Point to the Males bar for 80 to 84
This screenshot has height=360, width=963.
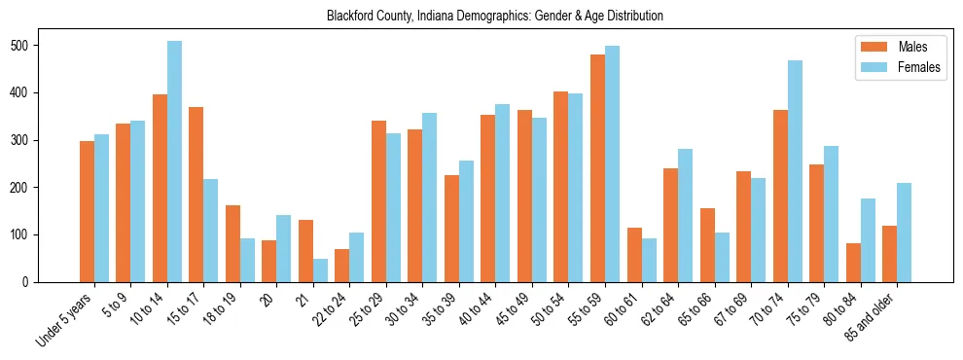pos(853,263)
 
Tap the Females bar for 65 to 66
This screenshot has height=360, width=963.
pos(722,257)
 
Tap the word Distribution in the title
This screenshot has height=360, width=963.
pos(635,17)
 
